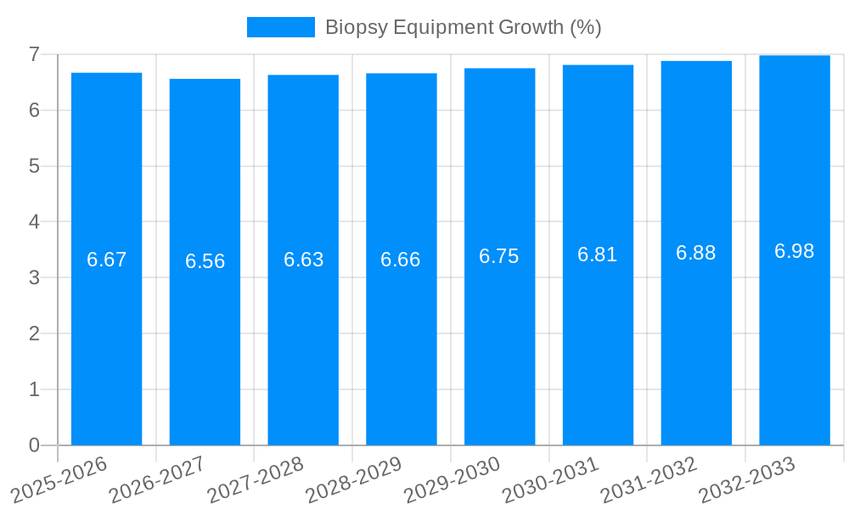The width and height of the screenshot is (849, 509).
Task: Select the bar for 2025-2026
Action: (x=106, y=339)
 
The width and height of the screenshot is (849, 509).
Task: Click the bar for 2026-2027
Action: (x=205, y=339)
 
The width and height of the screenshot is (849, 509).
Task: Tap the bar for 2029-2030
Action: (x=499, y=339)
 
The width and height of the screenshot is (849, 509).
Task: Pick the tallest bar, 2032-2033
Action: (x=794, y=339)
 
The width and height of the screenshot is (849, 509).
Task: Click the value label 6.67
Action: (x=106, y=260)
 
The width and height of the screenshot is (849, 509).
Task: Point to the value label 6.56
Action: (x=205, y=261)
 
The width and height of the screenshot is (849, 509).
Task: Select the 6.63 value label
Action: (x=303, y=260)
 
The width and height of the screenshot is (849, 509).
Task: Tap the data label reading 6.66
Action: (x=401, y=260)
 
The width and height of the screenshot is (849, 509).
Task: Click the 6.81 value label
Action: (x=597, y=255)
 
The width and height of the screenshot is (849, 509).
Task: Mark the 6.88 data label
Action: (x=695, y=253)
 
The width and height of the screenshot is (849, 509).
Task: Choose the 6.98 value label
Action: (x=794, y=251)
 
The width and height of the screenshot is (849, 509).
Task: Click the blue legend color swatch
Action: (x=280, y=27)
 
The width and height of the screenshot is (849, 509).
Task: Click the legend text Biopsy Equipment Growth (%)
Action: (x=463, y=27)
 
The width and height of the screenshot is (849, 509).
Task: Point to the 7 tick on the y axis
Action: (x=34, y=54)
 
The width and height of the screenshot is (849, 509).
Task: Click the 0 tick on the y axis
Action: (x=34, y=445)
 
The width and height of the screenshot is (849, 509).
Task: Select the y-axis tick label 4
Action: (x=34, y=222)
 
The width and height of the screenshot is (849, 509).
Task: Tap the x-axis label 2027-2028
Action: (x=256, y=480)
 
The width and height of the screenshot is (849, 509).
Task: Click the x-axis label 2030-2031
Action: (x=550, y=480)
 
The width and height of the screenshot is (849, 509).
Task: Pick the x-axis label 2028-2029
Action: (x=353, y=480)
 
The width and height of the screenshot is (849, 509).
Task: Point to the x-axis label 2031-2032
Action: (x=649, y=480)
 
